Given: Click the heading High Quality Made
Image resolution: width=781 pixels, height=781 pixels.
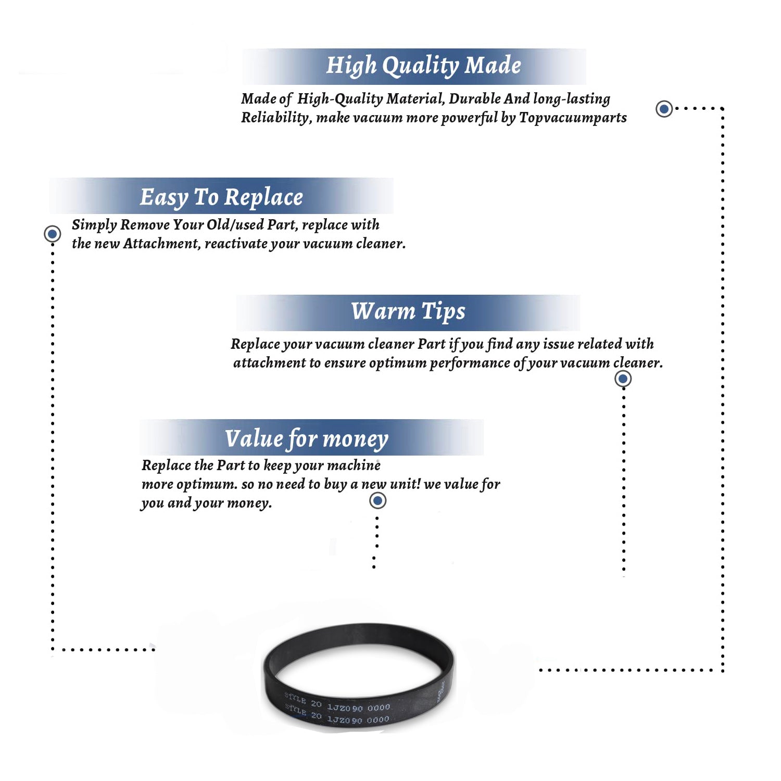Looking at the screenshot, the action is click(423, 66).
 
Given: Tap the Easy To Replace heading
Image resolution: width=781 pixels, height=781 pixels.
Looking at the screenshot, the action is click(221, 198).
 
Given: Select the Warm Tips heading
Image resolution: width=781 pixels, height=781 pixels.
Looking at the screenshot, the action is click(408, 312).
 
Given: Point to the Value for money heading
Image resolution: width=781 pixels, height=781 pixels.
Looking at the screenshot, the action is click(307, 439).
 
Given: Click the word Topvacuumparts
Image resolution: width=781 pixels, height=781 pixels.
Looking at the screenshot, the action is click(573, 118).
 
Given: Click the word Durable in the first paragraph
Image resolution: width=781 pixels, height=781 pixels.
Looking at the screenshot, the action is click(475, 98).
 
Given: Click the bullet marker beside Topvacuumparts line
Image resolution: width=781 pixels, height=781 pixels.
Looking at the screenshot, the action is click(664, 109).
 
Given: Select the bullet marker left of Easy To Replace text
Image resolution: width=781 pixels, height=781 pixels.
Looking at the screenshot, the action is click(52, 234).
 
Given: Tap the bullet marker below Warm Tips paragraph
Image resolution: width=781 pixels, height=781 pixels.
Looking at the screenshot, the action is click(623, 379).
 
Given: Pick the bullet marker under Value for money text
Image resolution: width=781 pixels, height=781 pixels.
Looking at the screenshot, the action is click(377, 501).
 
